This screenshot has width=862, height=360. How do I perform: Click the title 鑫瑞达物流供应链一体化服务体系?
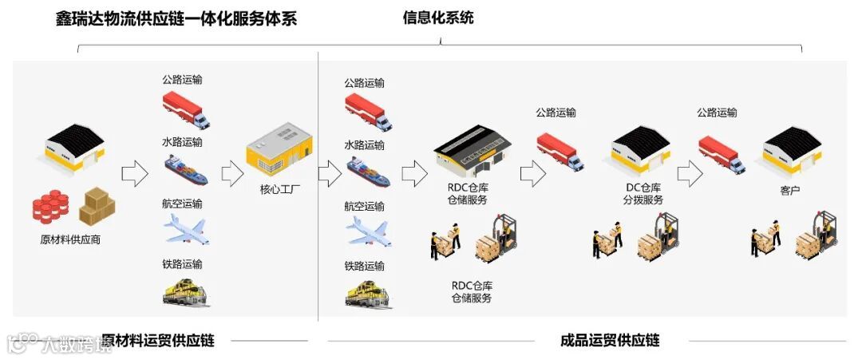tap(176, 18)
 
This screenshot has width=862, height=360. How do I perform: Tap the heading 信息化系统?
tap(437, 17)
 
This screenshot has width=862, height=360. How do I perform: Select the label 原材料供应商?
tap(70, 239)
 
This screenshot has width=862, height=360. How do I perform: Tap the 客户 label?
tap(790, 192)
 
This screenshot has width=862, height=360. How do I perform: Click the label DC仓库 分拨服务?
tap(643, 193)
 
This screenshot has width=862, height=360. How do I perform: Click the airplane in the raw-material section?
tap(186, 230)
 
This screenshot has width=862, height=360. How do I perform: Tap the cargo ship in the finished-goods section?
tap(367, 172)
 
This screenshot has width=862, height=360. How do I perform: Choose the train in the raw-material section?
tap(185, 291)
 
